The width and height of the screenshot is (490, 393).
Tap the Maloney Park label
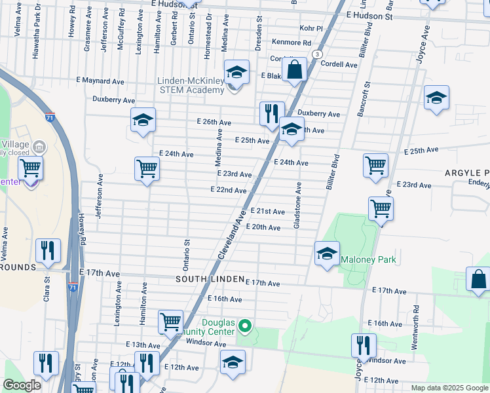pyautogui.click(x=368, y=260)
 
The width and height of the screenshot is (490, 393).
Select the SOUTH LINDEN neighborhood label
pyautogui.click(x=208, y=279)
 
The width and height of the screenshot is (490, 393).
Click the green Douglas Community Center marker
pyautogui.click(x=245, y=325)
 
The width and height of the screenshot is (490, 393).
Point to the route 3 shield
pyautogui.click(x=317, y=54)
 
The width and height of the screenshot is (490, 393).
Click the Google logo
pyautogui.click(x=22, y=386)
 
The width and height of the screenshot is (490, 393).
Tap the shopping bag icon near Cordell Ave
pyautogui.click(x=295, y=70)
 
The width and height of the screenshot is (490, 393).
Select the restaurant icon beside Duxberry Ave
pyautogui.click(x=271, y=114)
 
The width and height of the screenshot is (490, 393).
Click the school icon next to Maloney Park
pyautogui.click(x=327, y=254)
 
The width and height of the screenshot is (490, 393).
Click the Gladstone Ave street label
pyautogui.click(x=298, y=205)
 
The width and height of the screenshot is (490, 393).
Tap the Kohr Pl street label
pyautogui.click(x=311, y=29)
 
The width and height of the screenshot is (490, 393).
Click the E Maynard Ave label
pyautogui.click(x=100, y=81)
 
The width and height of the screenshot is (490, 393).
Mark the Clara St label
pyautogui.click(x=47, y=292)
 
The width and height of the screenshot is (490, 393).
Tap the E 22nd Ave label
pyautogui.click(x=228, y=190)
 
